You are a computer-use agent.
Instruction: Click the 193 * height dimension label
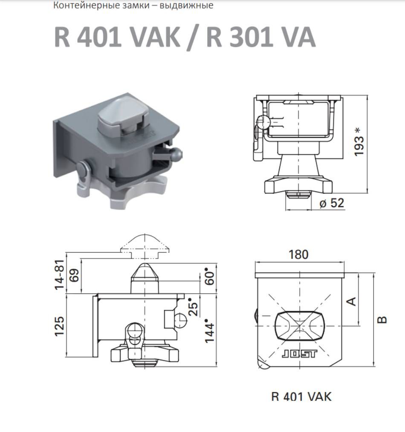pyautogui.click(x=359, y=142)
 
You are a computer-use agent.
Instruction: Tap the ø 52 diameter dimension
pyautogui.click(x=332, y=203)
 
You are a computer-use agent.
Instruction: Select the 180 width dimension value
pyautogui.click(x=298, y=254)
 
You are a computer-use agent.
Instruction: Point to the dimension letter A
pyautogui.click(x=352, y=301)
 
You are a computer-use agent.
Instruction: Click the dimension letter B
pyautogui.click(x=382, y=320)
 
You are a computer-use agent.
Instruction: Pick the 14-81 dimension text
pyautogui.click(x=59, y=274)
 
